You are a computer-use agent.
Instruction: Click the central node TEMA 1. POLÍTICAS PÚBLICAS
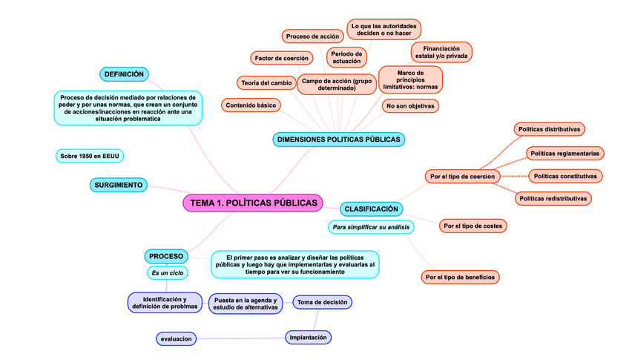coord(253,203)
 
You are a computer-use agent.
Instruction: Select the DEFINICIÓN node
coord(124,74)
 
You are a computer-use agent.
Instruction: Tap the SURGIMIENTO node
coord(118,184)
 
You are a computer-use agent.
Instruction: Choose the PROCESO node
coord(165,256)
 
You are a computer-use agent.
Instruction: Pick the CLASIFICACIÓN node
coord(372,209)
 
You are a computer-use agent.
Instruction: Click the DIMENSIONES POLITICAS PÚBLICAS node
coord(338,139)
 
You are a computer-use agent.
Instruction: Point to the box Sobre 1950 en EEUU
coord(90,156)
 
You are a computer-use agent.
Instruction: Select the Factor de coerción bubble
coord(281,58)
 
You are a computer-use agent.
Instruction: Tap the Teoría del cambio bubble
coord(265,82)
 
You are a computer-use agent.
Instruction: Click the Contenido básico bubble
coord(251,105)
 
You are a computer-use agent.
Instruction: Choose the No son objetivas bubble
coord(410,106)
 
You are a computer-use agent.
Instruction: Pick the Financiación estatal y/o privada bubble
coord(441,52)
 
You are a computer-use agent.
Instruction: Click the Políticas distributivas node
coord(549,129)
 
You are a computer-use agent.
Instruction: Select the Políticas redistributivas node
coord(553,198)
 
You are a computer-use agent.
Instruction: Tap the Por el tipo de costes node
coord(473,225)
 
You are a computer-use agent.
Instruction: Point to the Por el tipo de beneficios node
coord(460,277)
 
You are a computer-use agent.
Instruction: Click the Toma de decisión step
coord(322,302)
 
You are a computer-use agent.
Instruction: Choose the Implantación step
coord(308,338)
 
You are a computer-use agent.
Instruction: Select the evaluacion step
coord(176,338)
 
